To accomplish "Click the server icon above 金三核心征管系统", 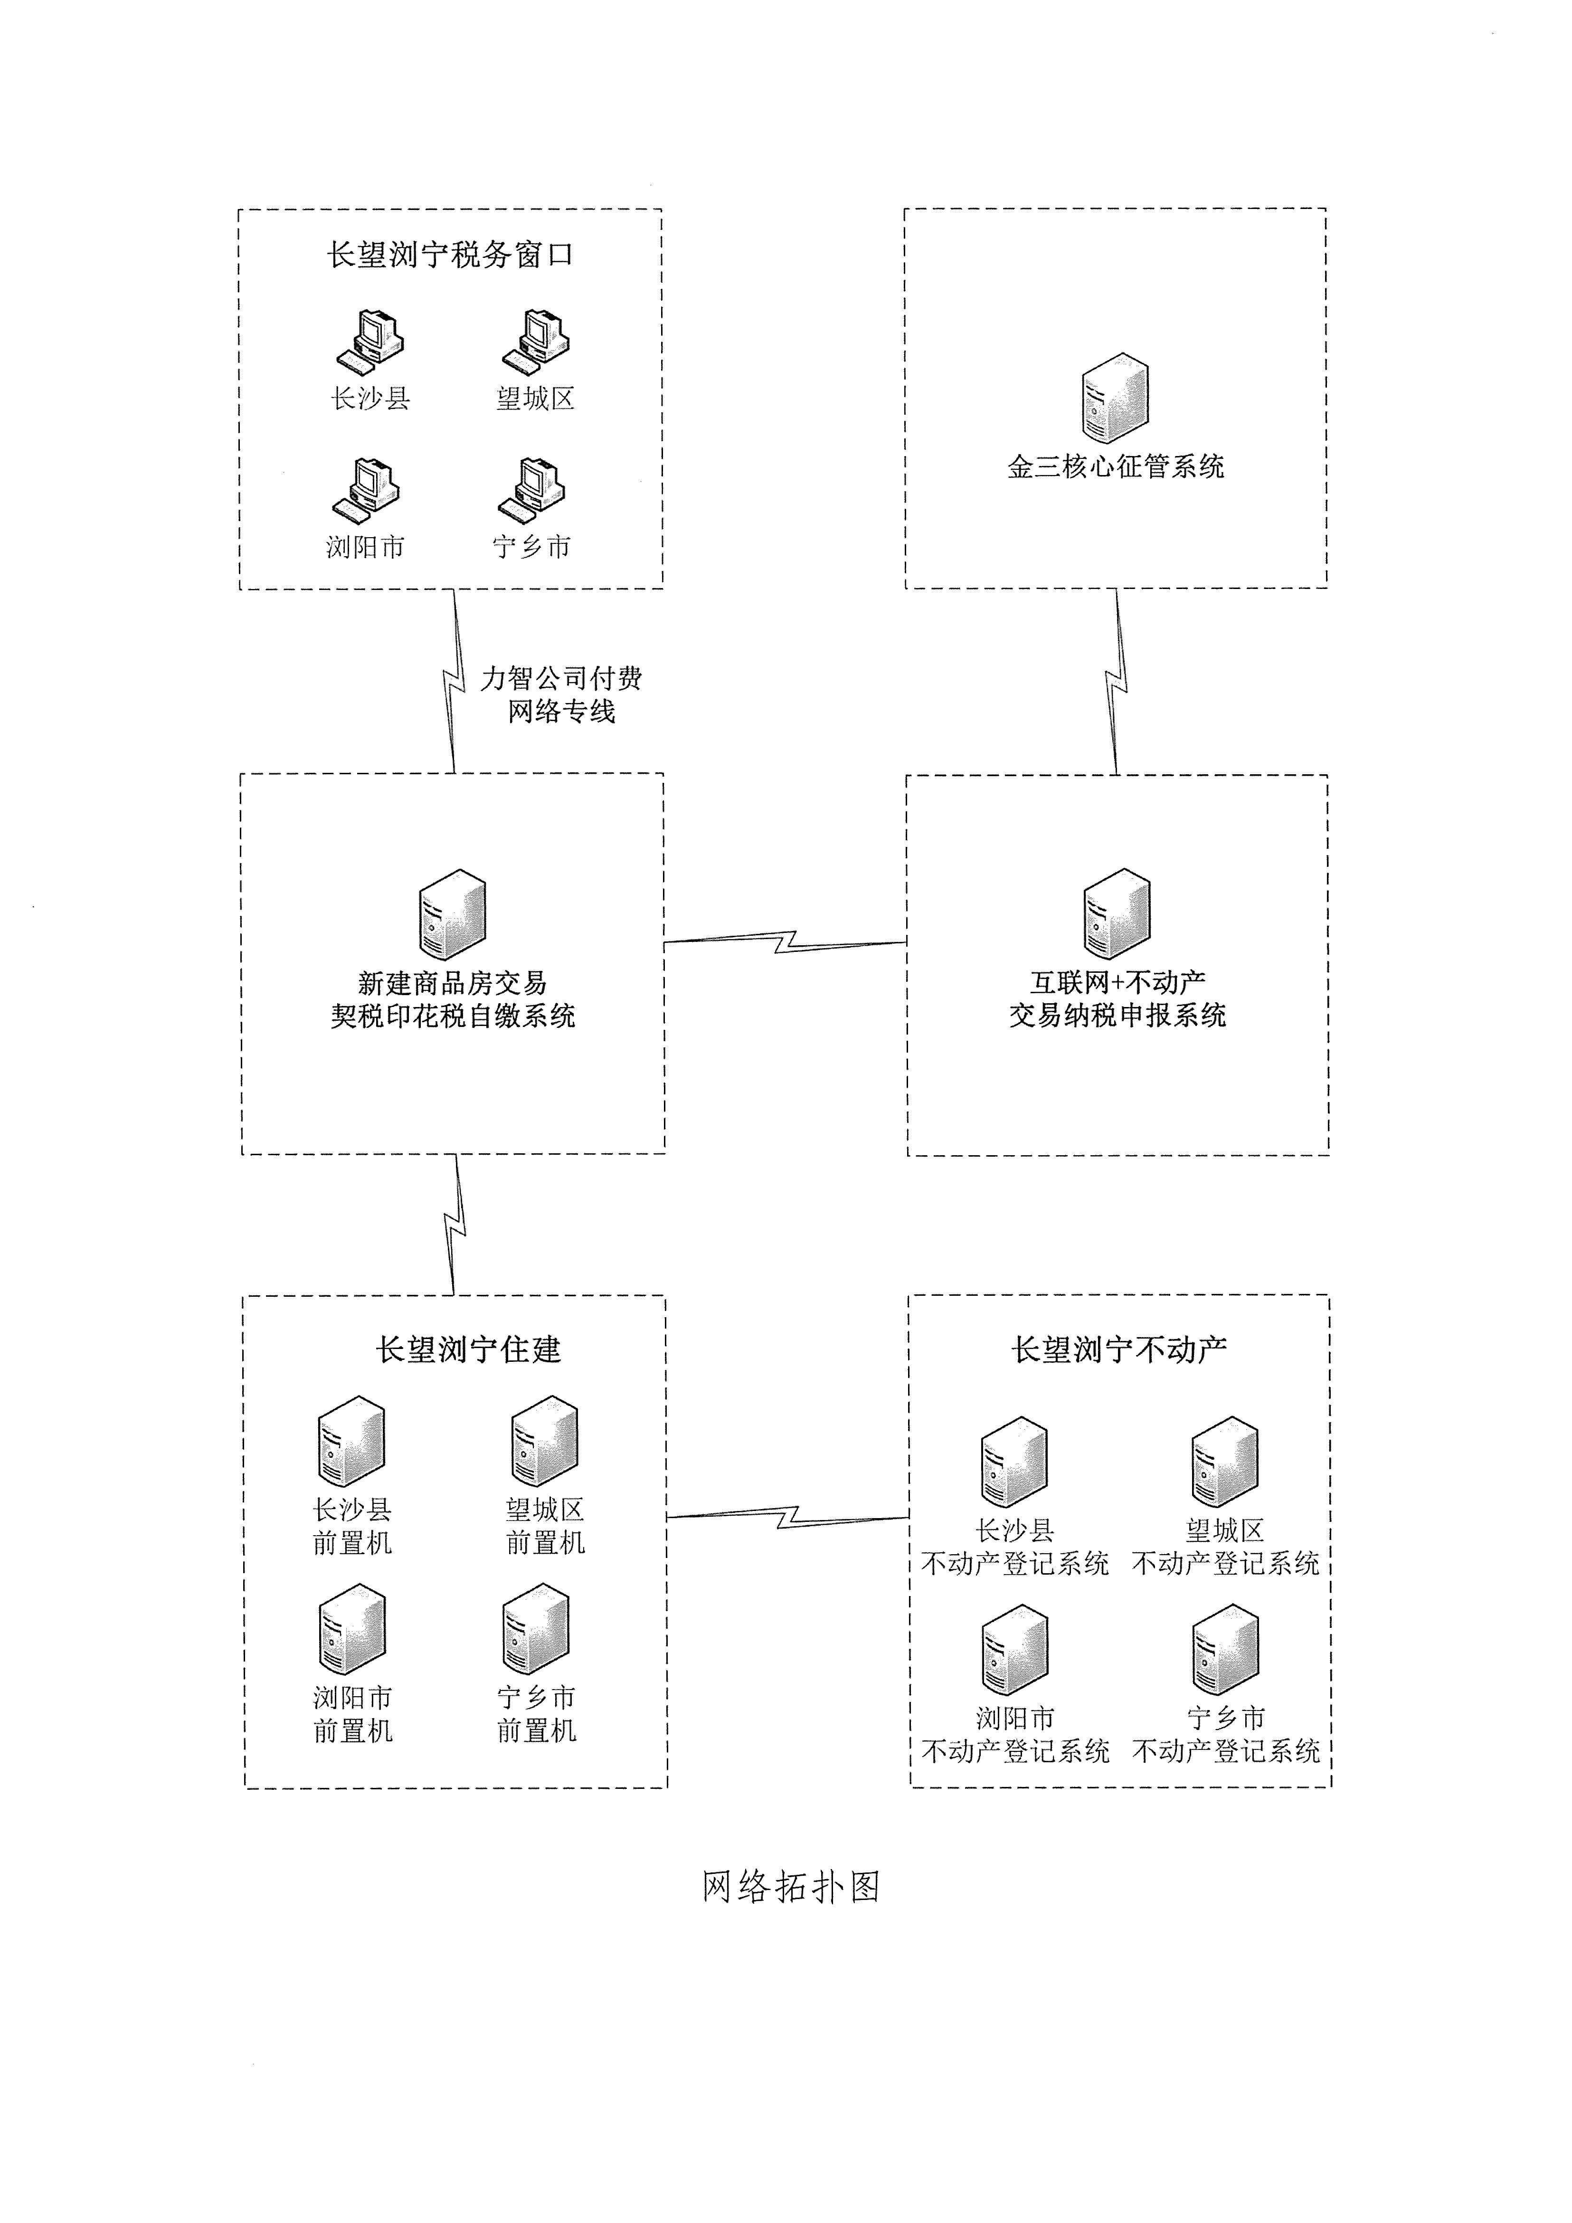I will pos(1115,399).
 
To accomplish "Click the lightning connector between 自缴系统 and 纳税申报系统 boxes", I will pos(785,942).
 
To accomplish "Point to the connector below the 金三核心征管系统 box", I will pos(1117,681).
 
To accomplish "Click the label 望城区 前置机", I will pos(545,1526).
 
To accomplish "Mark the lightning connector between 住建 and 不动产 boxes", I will pos(788,1516).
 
